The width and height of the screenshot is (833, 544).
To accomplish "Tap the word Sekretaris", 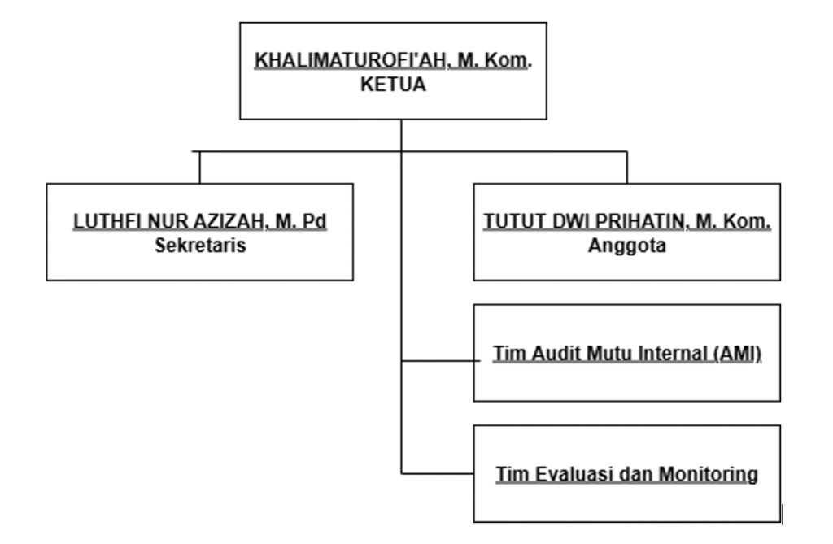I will click(x=200, y=245).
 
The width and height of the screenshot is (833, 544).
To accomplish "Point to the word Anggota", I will click(x=626, y=245).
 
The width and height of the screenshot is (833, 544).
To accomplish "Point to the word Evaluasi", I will click(x=555, y=473).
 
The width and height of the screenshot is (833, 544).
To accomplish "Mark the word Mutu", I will click(x=607, y=355).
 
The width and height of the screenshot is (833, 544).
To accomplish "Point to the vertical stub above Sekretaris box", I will click(x=200, y=167).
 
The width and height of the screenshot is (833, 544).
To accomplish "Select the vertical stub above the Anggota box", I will click(x=626, y=167).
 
